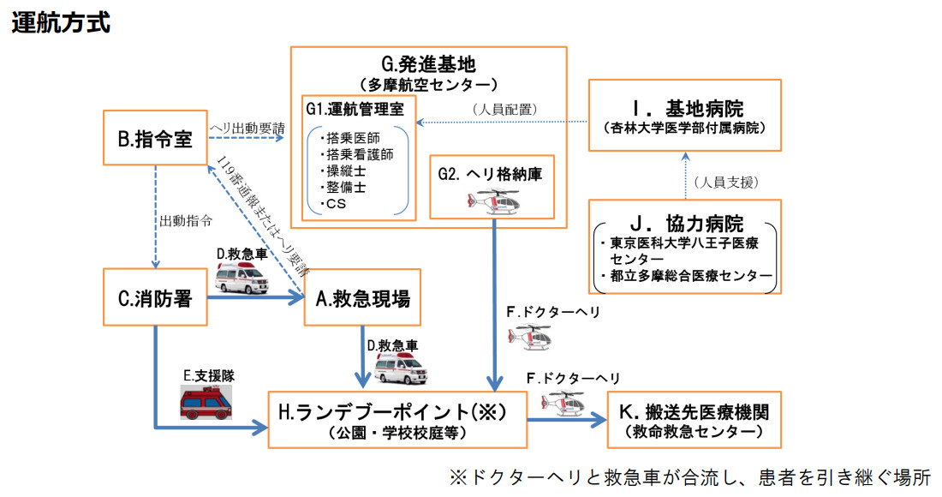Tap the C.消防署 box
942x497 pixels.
pos(155,298)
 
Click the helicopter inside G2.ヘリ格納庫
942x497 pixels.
pos(495,201)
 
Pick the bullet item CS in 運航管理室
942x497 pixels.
pos(334,204)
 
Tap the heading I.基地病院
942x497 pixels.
pos(684,110)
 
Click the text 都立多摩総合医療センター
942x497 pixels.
pos(689,277)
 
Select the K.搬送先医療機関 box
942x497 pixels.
pos(694,420)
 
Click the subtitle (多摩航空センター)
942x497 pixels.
pos(428,85)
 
